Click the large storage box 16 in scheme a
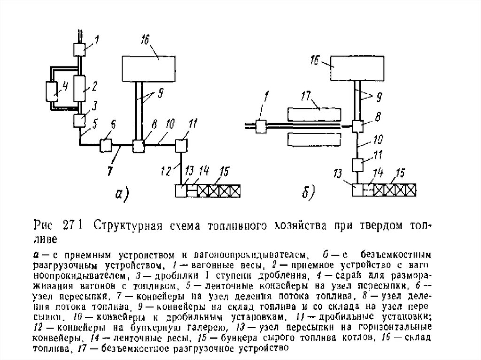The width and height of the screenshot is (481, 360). coord(148,68)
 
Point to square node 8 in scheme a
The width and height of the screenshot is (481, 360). coord(139,146)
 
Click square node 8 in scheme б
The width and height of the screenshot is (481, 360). coord(357,127)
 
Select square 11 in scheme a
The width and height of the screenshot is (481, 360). coord(181,146)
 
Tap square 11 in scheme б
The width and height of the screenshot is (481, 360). coord(357,166)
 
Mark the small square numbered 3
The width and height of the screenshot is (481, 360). coord(79,121)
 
